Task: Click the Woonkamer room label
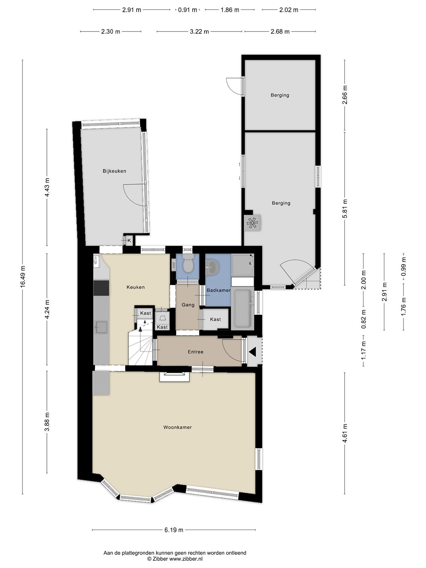click(x=177, y=427)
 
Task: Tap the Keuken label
click(x=136, y=287)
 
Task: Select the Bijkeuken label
click(x=114, y=171)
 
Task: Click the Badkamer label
click(x=219, y=290)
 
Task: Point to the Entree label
click(x=196, y=352)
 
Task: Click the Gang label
click(x=188, y=305)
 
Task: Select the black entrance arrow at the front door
click(x=252, y=352)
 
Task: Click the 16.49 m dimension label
click(x=23, y=277)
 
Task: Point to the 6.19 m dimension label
click(x=174, y=530)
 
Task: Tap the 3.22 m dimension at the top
click(x=199, y=32)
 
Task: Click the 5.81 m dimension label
click(x=345, y=209)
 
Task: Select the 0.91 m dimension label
click(x=187, y=10)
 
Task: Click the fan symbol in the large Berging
click(x=252, y=223)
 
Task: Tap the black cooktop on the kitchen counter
click(x=102, y=288)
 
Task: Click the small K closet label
click(x=129, y=240)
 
